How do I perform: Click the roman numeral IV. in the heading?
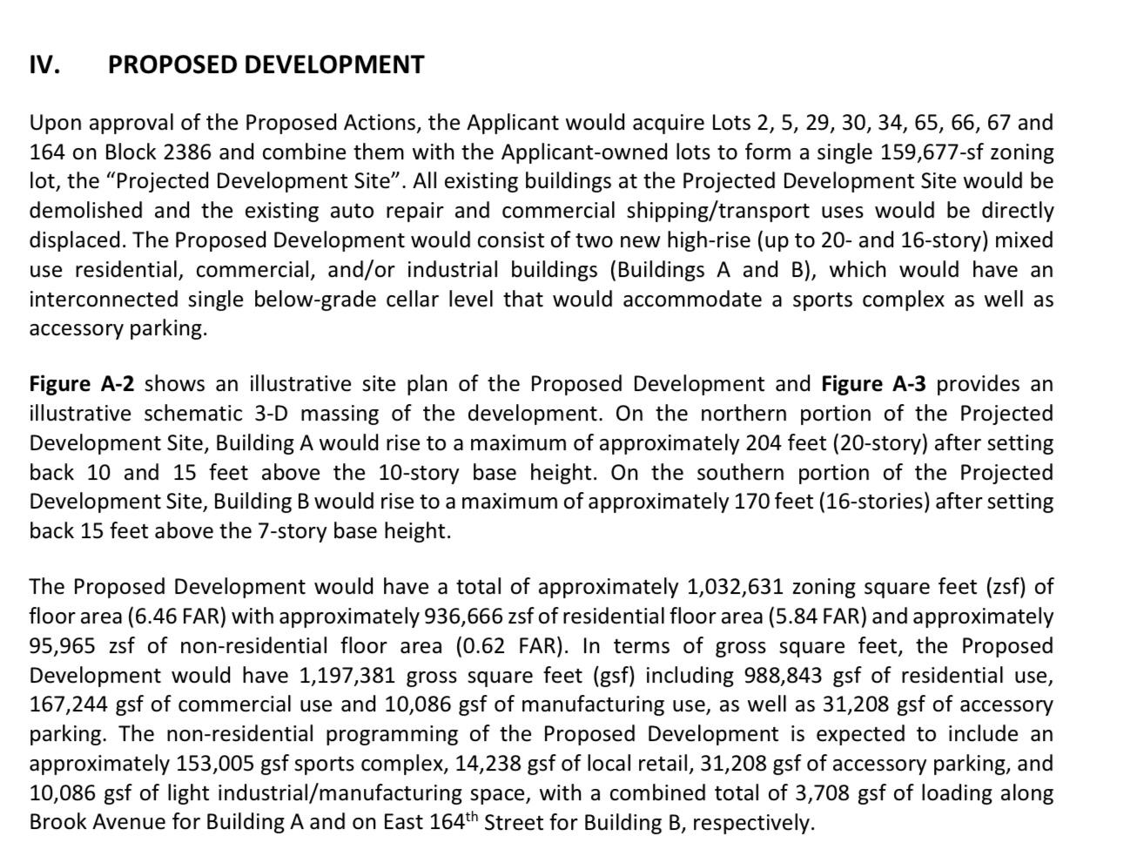pos(44,65)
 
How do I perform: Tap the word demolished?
pos(85,211)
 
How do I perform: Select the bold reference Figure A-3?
pos(872,385)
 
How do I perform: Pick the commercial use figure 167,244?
pos(69,704)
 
